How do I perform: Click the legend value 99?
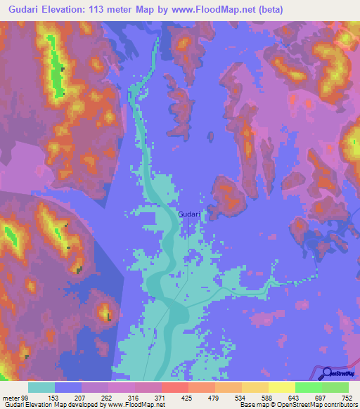point(27,397)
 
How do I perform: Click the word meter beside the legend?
point(11,397)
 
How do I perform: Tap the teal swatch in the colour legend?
point(41,387)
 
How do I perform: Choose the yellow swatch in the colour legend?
point(255,387)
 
